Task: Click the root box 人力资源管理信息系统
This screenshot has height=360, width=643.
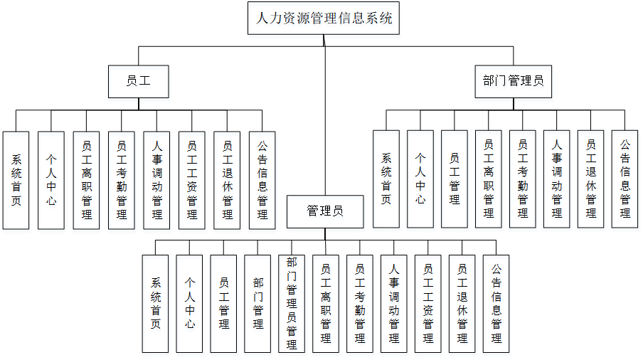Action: point(324,18)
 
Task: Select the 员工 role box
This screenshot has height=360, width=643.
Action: point(138,81)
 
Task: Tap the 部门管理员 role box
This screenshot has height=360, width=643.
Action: point(513,81)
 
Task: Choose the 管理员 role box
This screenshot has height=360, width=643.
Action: point(325,211)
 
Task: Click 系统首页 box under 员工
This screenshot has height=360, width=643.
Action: point(16,180)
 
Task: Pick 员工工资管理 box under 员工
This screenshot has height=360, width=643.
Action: point(192,180)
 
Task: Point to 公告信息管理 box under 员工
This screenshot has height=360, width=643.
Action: point(262,180)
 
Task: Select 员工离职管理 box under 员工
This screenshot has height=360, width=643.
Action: point(87,180)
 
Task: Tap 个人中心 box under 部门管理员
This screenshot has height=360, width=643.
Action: point(420,179)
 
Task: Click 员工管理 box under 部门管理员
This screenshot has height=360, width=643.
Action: point(455,179)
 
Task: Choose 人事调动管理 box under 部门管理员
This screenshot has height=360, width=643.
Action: point(557,179)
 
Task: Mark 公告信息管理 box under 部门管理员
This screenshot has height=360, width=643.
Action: point(625,179)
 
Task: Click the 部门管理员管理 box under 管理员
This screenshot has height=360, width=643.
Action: point(292,304)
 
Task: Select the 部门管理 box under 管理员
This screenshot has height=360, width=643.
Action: point(258,304)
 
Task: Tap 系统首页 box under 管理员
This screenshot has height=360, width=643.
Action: point(156,304)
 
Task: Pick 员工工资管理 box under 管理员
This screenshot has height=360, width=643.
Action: point(428,304)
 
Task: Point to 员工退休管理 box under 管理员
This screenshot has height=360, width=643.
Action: point(462,304)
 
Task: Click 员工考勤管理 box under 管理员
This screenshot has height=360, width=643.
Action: point(360,304)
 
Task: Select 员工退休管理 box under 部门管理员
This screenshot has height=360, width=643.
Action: point(591,179)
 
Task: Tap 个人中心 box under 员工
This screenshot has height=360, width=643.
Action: point(51,180)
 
